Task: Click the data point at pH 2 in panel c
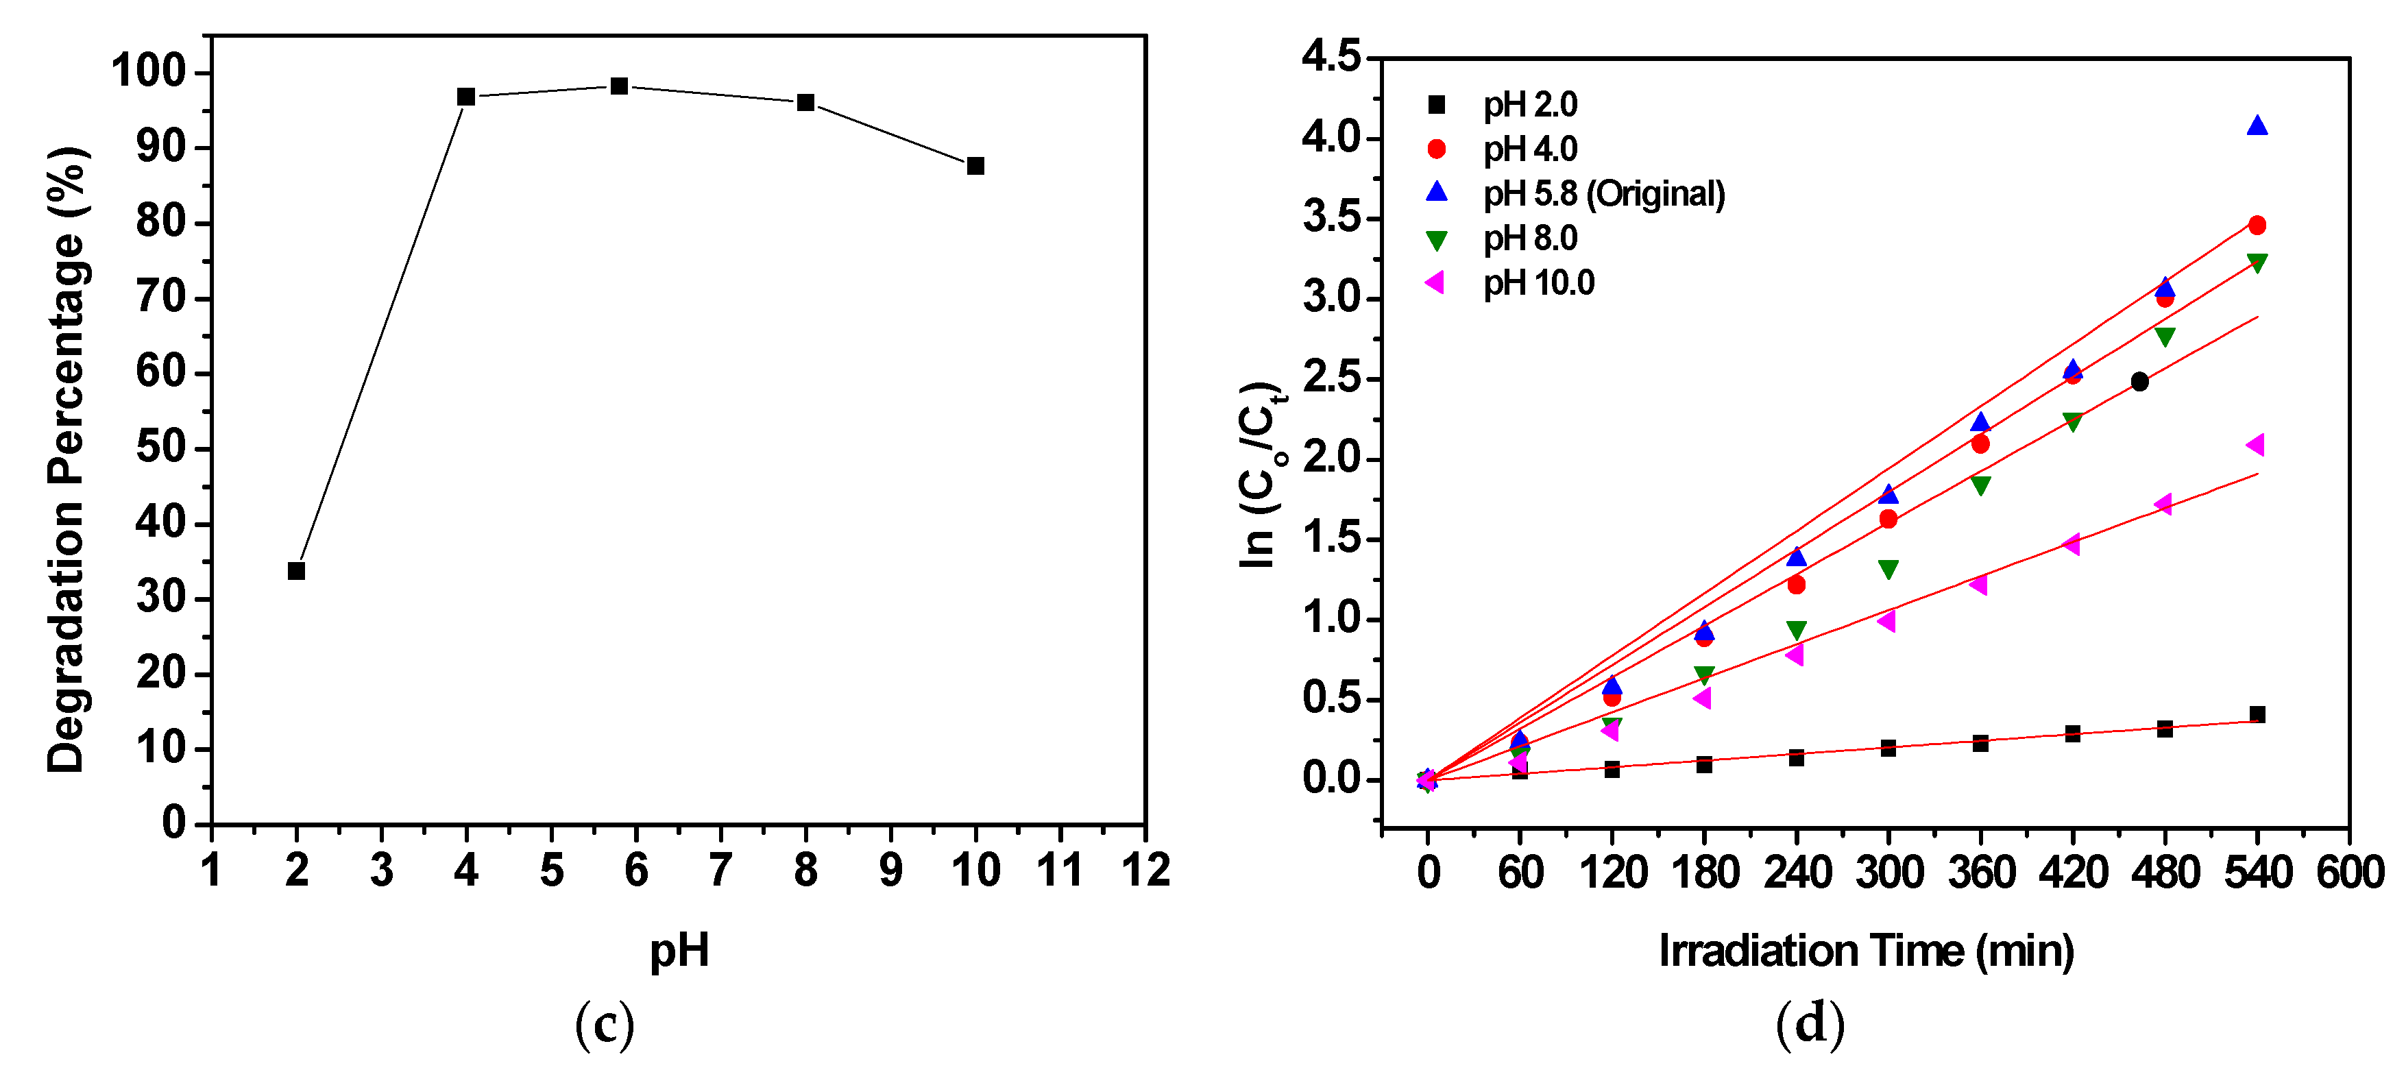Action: pos(296,570)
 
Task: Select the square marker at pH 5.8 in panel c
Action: pos(619,86)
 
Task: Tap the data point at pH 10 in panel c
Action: pos(975,165)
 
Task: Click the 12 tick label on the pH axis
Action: pos(1145,871)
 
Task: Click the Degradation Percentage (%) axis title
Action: pos(67,460)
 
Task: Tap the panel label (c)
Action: pos(605,1025)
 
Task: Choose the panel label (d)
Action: pos(1809,1025)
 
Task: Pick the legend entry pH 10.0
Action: pos(1538,282)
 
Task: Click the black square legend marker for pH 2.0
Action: pos(1436,104)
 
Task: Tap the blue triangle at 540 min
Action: pos(2257,126)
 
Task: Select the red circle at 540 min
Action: pos(2257,225)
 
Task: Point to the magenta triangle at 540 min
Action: pos(2255,445)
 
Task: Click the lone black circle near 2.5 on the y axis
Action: pos(2139,382)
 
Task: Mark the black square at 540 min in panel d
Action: pos(2257,714)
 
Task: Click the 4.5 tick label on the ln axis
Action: pos(1331,58)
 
